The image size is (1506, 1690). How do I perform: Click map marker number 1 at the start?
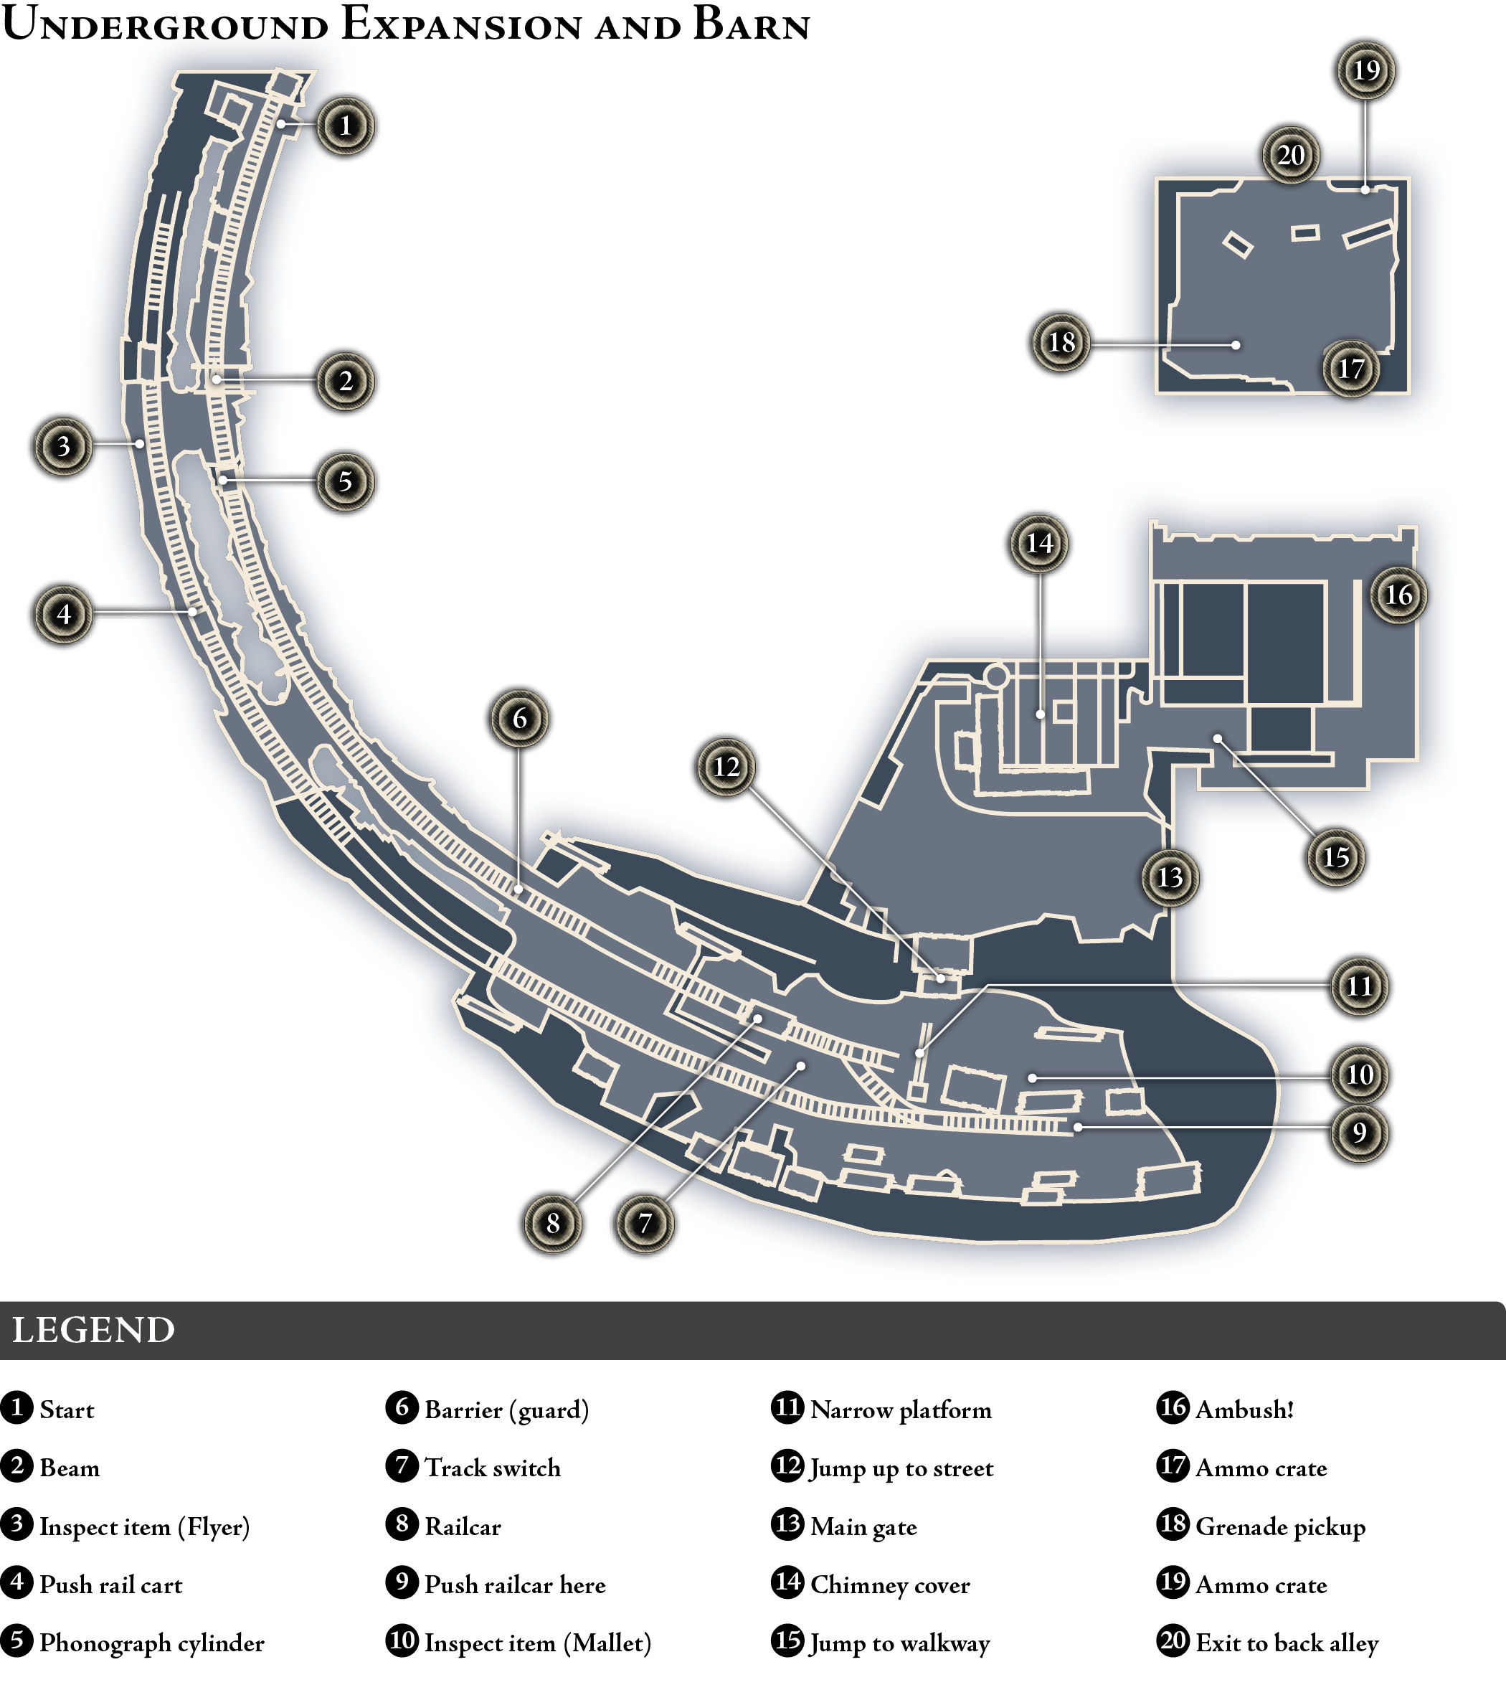click(345, 126)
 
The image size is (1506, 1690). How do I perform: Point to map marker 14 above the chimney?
click(1039, 543)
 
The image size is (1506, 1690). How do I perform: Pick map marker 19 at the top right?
click(1366, 70)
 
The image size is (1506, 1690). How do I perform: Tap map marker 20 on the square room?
click(1291, 155)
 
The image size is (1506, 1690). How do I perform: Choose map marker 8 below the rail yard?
click(553, 1222)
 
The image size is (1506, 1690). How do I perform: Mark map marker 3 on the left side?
click(64, 446)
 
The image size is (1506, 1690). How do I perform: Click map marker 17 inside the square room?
click(1350, 368)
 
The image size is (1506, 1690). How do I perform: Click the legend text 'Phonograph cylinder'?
click(152, 1643)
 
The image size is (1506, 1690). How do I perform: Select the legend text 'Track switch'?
click(493, 1468)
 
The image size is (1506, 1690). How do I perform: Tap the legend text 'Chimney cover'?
click(891, 1585)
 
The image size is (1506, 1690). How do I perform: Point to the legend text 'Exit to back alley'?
click(1287, 1643)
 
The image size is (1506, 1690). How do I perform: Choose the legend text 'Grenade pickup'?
click(1280, 1527)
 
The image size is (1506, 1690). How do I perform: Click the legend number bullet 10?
click(402, 1641)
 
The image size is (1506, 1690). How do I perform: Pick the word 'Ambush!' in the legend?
click(1244, 1410)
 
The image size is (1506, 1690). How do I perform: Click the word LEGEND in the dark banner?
click(93, 1331)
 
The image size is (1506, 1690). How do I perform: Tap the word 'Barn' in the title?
click(752, 25)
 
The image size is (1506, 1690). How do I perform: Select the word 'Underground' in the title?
click(166, 25)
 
